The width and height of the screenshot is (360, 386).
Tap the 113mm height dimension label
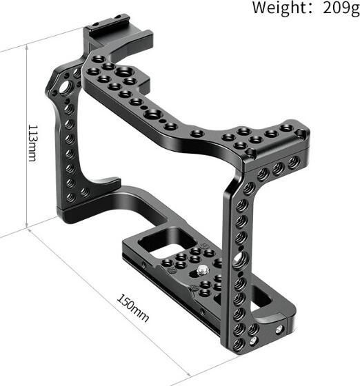[x=32, y=143]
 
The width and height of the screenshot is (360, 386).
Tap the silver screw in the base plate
[x=206, y=271]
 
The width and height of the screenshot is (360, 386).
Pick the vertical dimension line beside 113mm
[x=26, y=138]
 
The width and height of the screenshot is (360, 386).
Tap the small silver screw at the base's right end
[x=279, y=329]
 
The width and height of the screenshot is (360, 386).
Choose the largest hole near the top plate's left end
[x=124, y=72]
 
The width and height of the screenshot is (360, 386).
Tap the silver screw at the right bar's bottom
[x=253, y=331]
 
